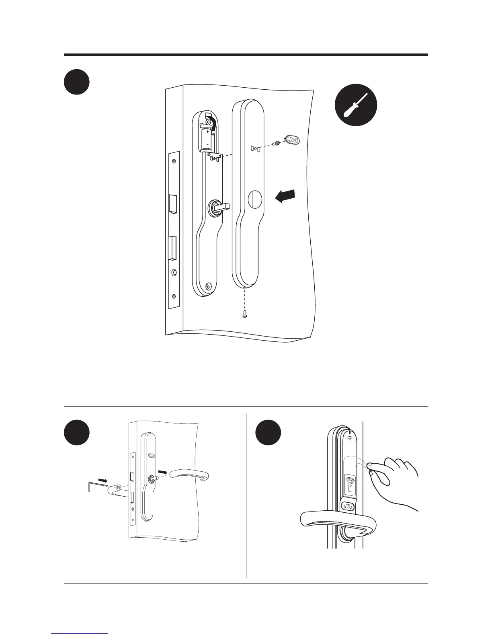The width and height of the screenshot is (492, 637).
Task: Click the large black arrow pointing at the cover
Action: pyautogui.click(x=285, y=197)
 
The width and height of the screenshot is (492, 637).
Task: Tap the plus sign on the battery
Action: pyautogui.click(x=207, y=131)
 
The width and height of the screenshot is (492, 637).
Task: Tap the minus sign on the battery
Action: pyautogui.click(x=207, y=144)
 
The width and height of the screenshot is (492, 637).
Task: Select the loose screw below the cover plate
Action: pyautogui.click(x=245, y=316)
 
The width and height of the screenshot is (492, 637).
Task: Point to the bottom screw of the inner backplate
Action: pyautogui.click(x=208, y=286)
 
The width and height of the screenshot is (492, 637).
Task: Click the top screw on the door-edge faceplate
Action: pyautogui.click(x=174, y=162)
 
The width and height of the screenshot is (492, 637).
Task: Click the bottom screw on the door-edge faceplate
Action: pyautogui.click(x=174, y=296)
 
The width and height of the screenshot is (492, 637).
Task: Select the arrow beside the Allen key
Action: pyautogui.click(x=103, y=480)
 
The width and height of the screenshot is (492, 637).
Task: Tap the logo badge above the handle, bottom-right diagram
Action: pyautogui.click(x=348, y=507)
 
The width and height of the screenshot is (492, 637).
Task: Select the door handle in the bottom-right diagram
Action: pyautogui.click(x=338, y=523)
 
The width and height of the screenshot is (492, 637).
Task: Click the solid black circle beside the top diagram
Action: pyautogui.click(x=76, y=82)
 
